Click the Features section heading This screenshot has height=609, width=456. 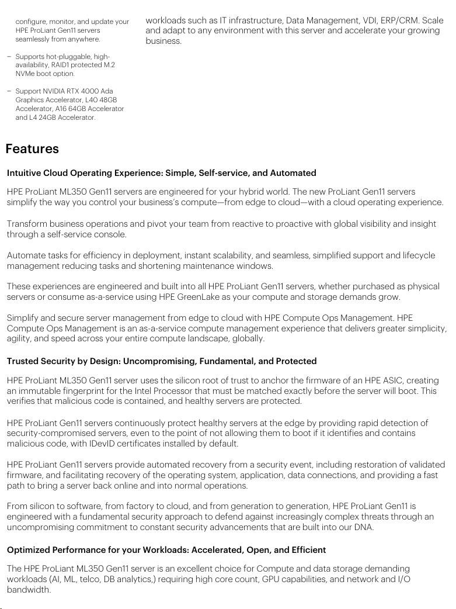(32, 149)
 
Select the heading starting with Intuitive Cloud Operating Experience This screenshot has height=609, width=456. (161, 173)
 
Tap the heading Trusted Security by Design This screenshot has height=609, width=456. (161, 361)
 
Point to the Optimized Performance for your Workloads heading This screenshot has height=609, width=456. (166, 550)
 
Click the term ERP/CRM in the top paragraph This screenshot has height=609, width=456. (394, 20)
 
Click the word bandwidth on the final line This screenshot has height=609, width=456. (28, 590)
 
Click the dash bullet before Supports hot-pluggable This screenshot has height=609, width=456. (9, 57)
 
